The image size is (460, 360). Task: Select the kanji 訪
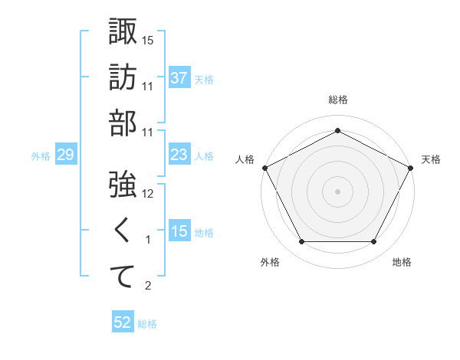click(123, 77)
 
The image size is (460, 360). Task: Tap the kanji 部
click(123, 123)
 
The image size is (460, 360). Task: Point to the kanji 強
click(123, 185)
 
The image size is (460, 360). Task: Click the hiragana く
click(123, 231)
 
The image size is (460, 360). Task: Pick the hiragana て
click(123, 277)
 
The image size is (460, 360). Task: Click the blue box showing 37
click(179, 77)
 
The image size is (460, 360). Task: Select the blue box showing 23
click(179, 155)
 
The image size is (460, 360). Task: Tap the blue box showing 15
click(179, 231)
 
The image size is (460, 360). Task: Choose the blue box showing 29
click(65, 155)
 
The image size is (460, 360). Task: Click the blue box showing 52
click(122, 323)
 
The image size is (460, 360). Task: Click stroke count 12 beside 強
click(149, 194)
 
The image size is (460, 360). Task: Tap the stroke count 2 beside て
click(149, 286)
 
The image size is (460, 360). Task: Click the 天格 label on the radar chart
click(431, 159)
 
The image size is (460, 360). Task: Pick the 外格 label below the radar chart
click(270, 262)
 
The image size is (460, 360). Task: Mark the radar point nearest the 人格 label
click(264, 167)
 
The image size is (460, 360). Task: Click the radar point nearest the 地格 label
click(373, 242)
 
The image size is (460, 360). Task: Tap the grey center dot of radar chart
click(337, 191)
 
